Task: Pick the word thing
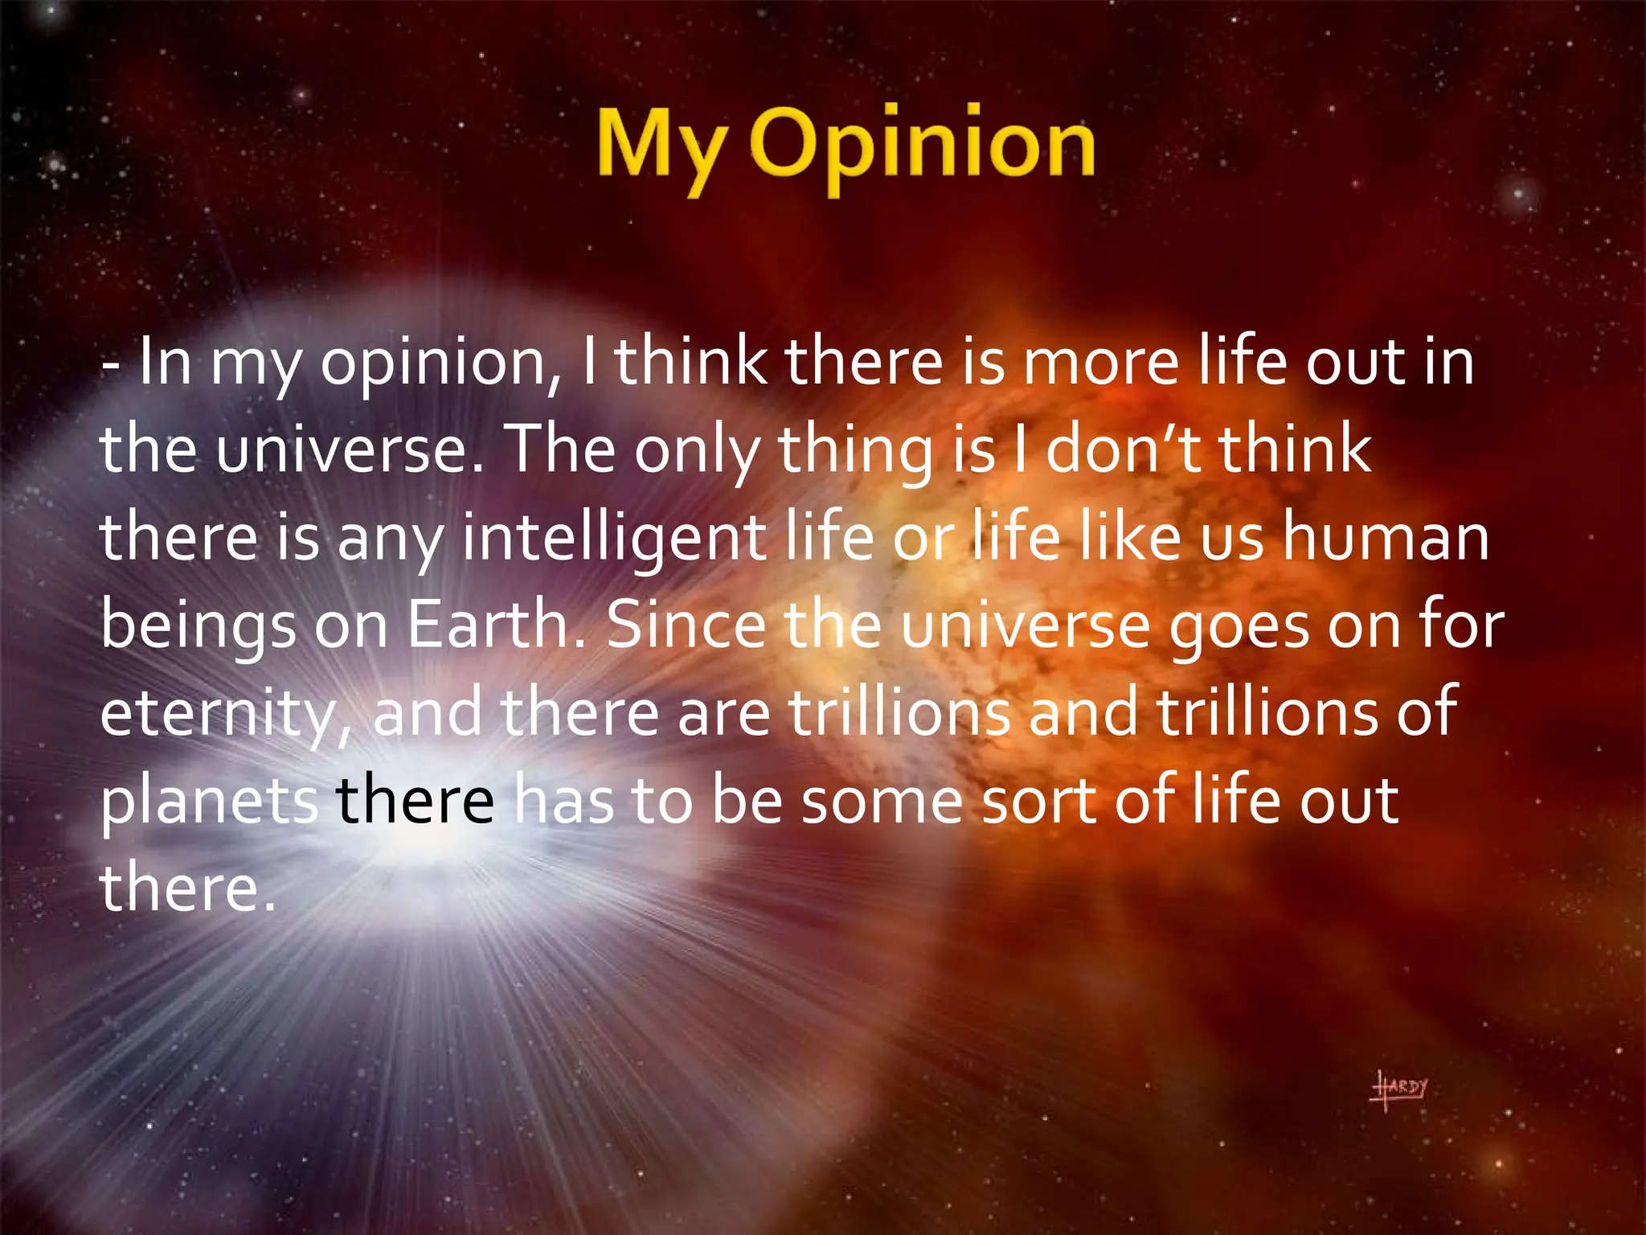pos(856,451)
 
